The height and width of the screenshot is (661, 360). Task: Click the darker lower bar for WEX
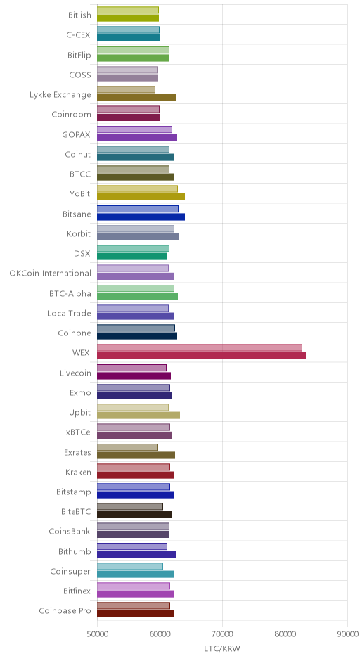(202, 356)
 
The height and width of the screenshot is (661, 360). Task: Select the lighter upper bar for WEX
(200, 348)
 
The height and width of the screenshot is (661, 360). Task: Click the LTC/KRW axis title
(222, 649)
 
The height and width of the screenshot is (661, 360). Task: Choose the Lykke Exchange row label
(60, 95)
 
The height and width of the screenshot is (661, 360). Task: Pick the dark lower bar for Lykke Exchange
(137, 98)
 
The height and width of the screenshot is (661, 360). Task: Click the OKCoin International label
(50, 273)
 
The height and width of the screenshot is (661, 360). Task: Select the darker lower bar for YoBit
(141, 197)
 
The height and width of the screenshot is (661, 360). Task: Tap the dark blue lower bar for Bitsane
(141, 217)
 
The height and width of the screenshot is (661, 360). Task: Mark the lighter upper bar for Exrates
(128, 447)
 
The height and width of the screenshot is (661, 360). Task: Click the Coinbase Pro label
(65, 611)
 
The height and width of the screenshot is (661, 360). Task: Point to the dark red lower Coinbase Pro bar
(135, 614)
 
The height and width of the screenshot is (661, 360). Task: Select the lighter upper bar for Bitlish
(128, 10)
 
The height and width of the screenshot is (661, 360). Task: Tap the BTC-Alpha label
(70, 293)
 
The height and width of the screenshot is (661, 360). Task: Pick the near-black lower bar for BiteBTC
(135, 515)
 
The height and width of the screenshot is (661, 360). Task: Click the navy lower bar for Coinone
(137, 336)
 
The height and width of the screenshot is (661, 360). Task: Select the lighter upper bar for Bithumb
(132, 547)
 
